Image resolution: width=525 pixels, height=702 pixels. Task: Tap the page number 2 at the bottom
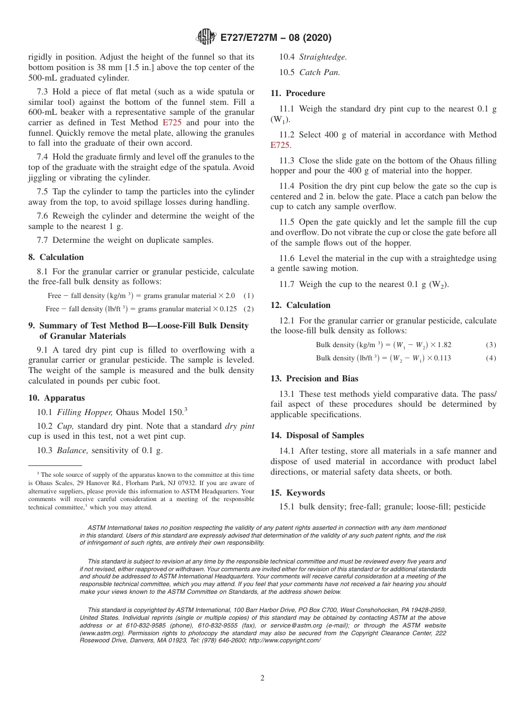(x=262, y=678)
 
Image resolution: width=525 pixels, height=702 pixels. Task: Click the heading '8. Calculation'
(x=56, y=257)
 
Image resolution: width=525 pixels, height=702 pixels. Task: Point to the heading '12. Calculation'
(x=300, y=305)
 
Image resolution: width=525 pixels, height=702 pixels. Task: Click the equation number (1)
(x=249, y=296)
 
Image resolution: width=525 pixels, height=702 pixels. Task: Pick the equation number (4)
(x=491, y=358)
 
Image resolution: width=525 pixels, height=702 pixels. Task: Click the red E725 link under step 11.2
(x=280, y=145)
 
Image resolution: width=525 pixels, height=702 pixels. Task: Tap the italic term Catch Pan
(x=319, y=72)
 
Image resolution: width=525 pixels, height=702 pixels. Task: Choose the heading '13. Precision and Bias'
(x=314, y=379)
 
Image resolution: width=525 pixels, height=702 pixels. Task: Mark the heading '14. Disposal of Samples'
(x=317, y=435)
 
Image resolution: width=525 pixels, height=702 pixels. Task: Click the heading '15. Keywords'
(x=297, y=493)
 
